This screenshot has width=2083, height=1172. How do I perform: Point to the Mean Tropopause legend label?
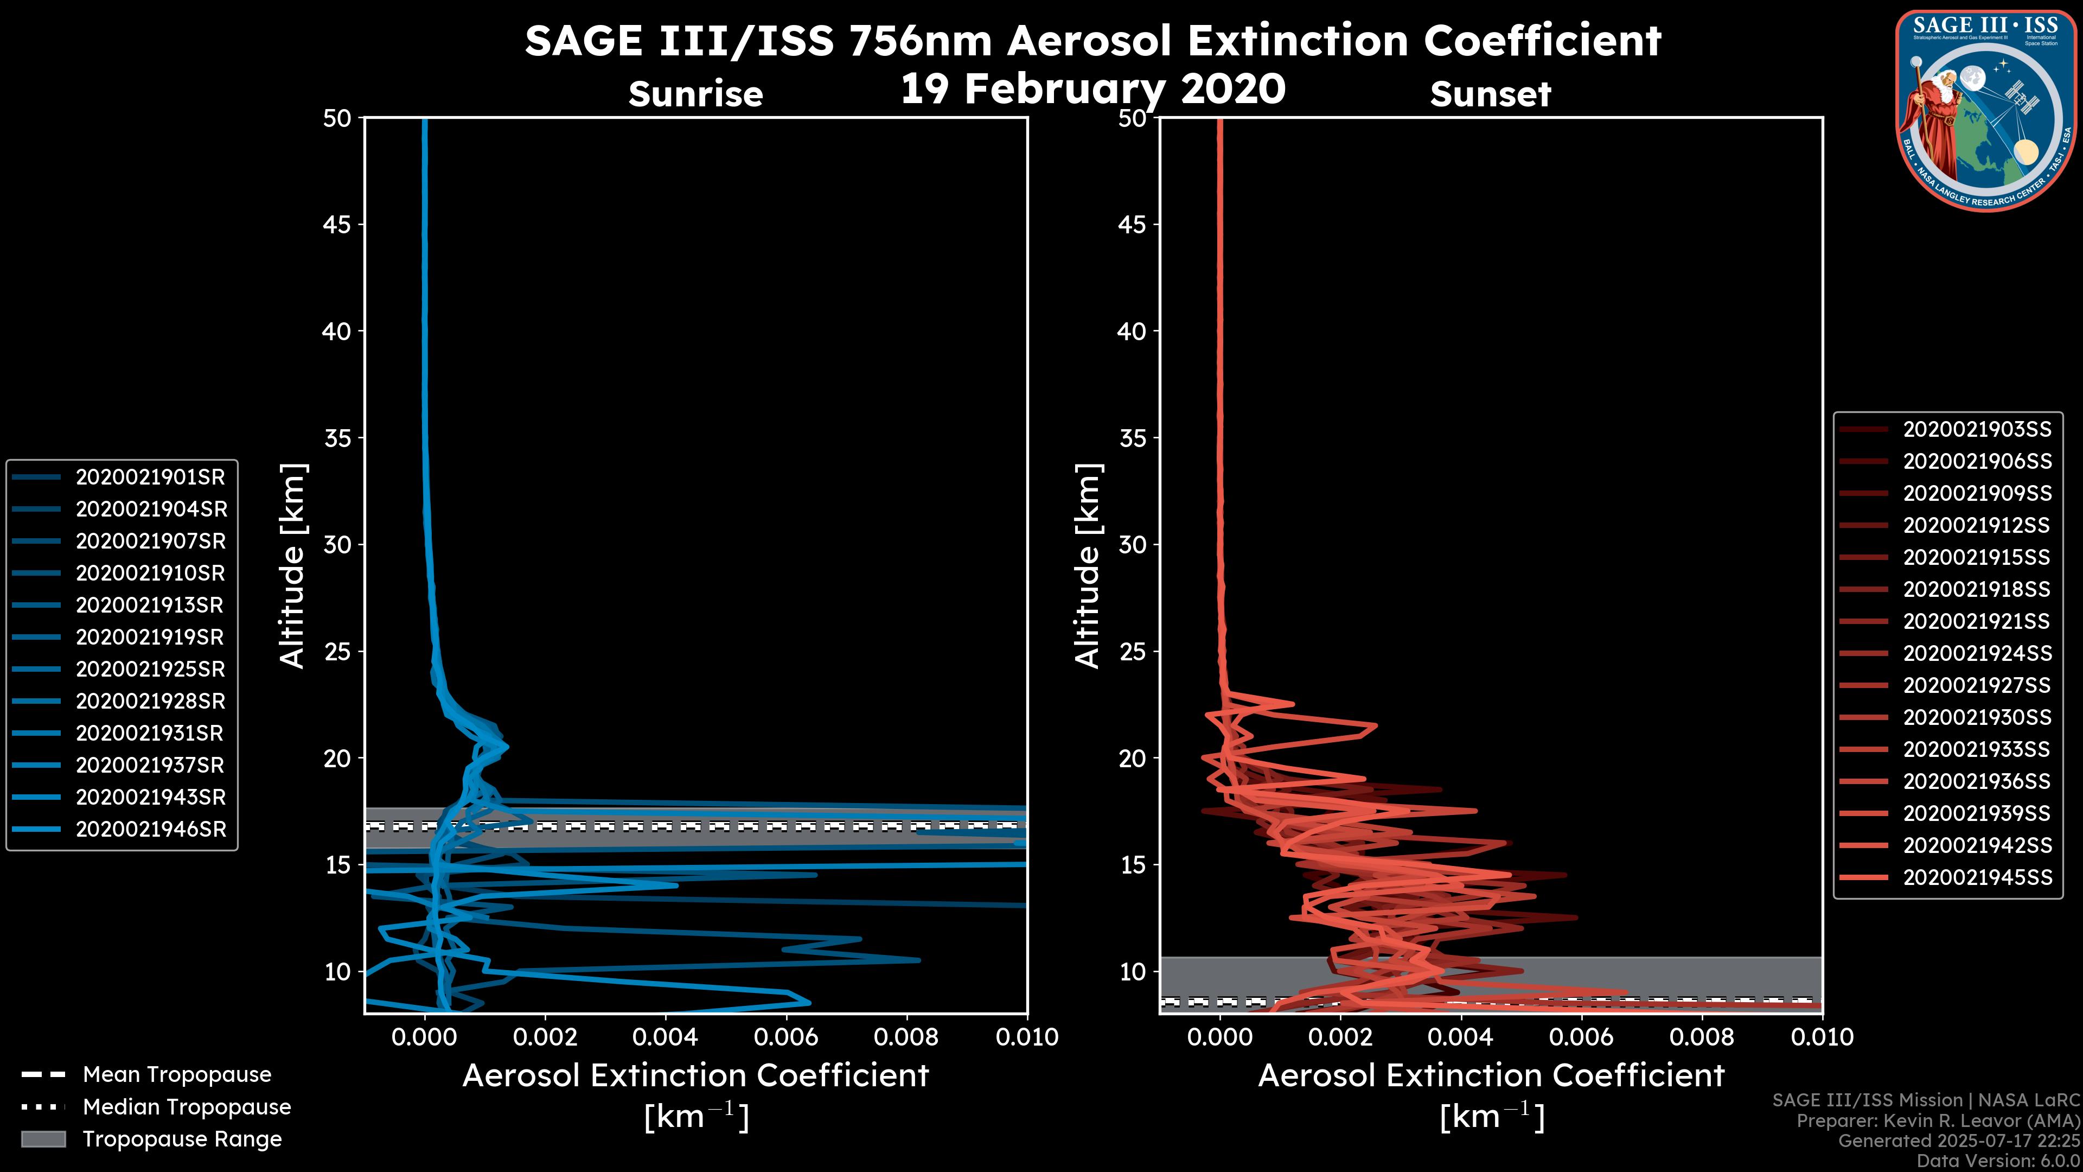(177, 1075)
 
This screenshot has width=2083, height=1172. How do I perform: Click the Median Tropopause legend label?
(187, 1107)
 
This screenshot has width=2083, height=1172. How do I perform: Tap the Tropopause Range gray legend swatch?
(43, 1139)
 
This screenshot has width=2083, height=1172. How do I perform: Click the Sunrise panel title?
(695, 94)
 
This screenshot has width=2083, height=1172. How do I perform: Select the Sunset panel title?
(1490, 94)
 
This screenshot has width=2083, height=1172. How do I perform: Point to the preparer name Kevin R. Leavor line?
(1938, 1121)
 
